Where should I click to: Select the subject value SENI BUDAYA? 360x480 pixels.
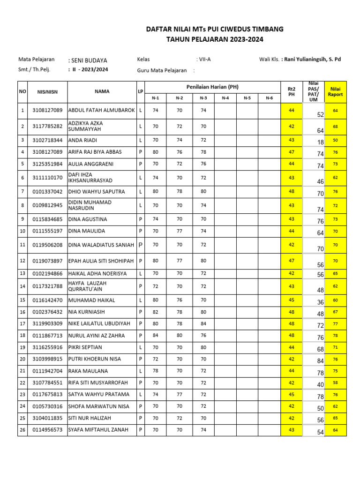coord(88,60)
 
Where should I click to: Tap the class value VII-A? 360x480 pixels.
coord(203,60)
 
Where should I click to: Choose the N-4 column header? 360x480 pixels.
coord(225,98)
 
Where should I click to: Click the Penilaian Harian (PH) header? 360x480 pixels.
coord(212,87)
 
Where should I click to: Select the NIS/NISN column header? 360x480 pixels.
coord(47,92)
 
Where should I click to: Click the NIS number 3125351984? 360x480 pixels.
coord(47,165)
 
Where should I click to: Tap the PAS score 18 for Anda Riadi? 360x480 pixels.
coord(321,142)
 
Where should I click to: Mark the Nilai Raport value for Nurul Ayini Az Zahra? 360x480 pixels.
coord(335,336)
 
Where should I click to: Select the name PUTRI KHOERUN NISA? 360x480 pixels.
coord(95,359)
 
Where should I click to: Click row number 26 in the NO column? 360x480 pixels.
coord(22,430)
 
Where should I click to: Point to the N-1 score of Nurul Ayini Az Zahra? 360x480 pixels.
coord(156,336)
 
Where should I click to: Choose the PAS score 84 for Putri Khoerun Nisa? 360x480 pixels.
coord(321,361)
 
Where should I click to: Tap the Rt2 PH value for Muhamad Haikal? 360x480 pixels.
coord(291,300)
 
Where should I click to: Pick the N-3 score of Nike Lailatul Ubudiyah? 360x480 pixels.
coord(203,323)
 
